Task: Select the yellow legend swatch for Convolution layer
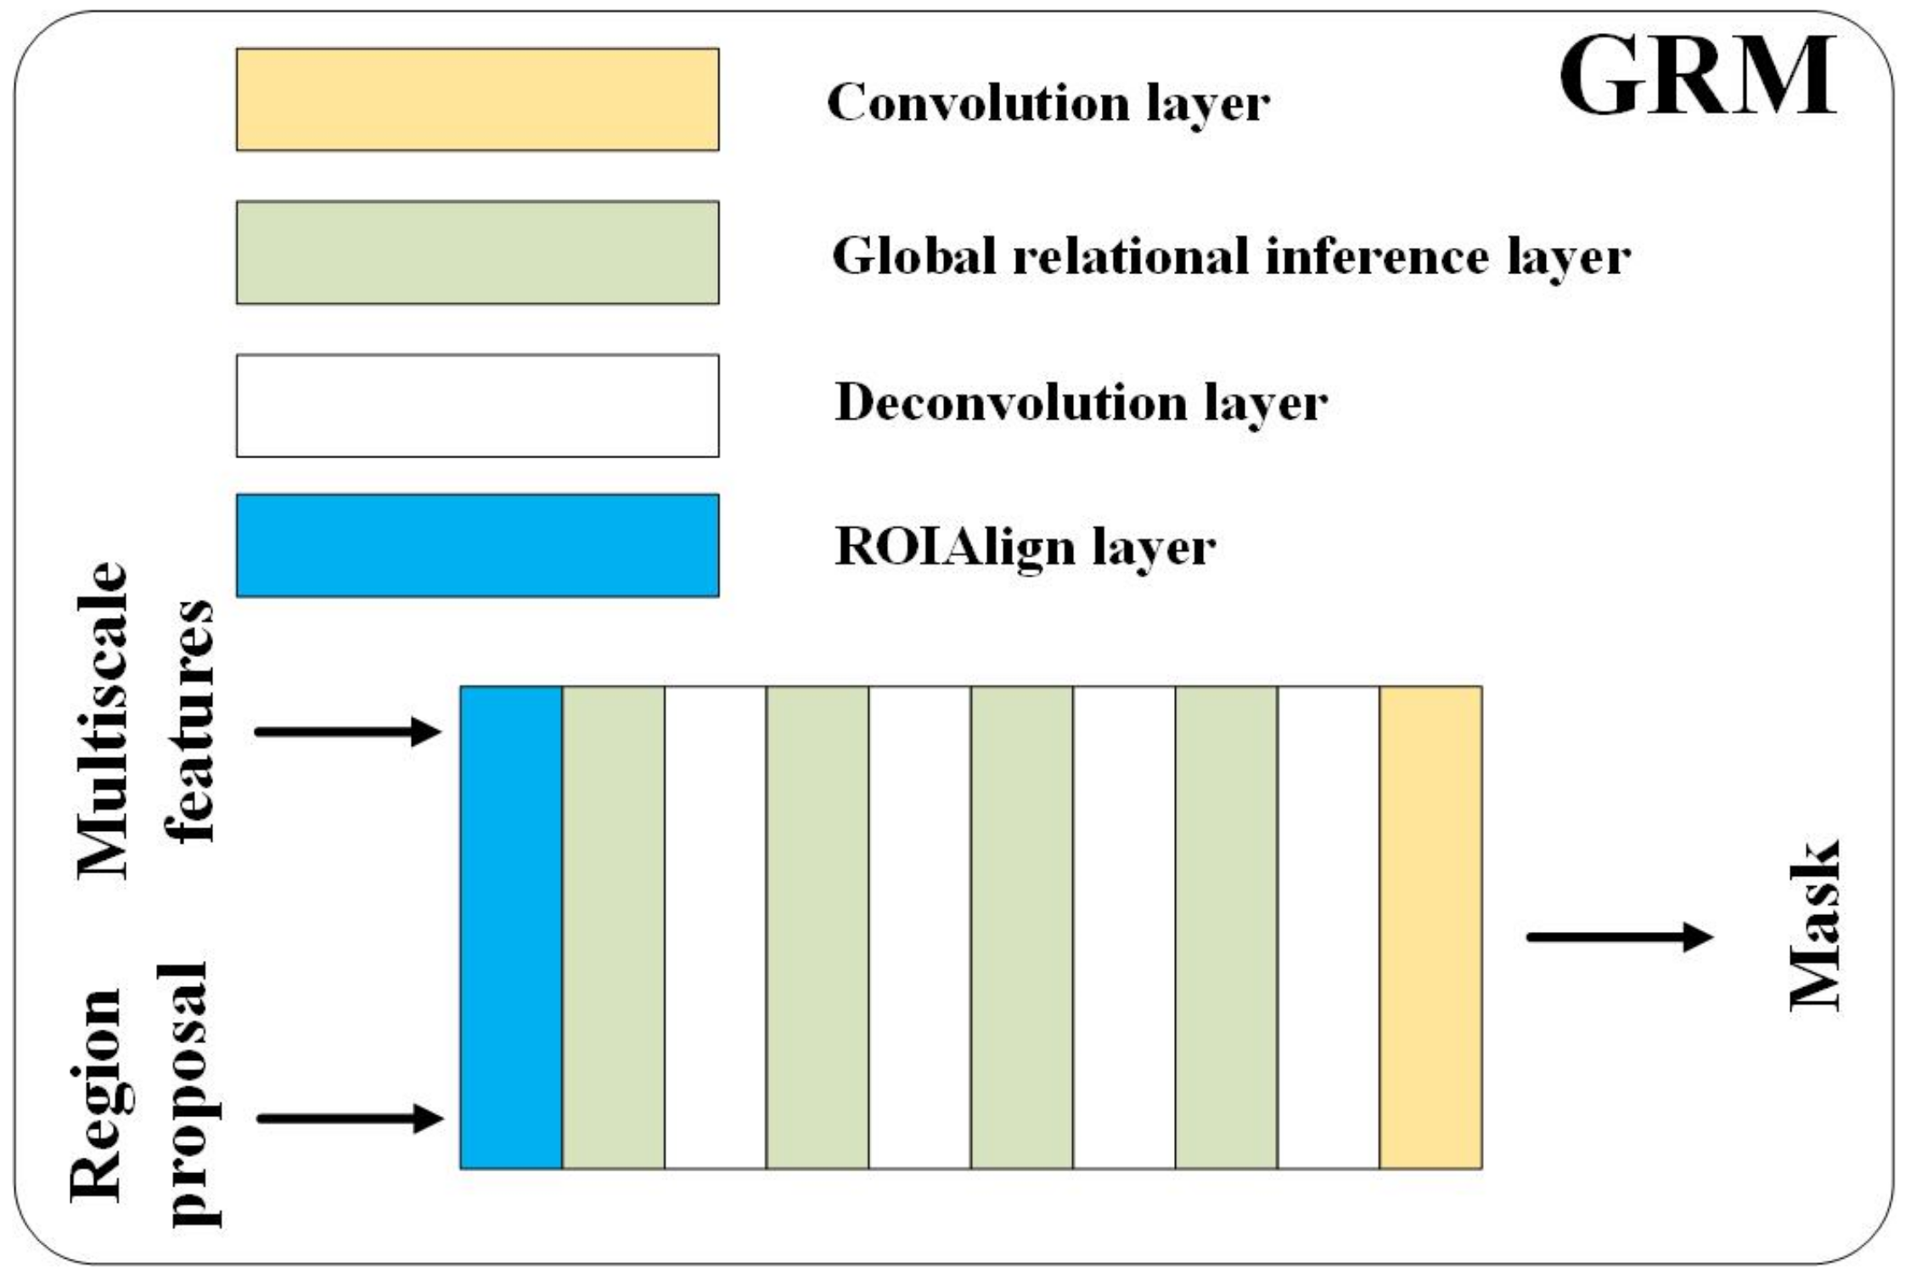477,99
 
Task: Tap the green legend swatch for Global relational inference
477,252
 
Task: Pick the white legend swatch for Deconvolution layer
477,406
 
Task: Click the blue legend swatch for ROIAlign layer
477,546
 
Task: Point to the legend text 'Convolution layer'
1048,104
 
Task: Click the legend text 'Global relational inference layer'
1230,256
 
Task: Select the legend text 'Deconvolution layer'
1081,402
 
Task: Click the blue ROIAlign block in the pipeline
511,927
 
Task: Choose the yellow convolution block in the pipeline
1430,927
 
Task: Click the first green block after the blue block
613,927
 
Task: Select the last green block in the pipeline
1226,927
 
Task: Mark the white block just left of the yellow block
1329,927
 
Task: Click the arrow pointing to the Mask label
1619,937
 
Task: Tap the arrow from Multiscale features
348,731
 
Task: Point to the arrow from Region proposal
350,1118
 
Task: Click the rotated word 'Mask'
1815,926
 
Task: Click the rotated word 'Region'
96,1095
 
